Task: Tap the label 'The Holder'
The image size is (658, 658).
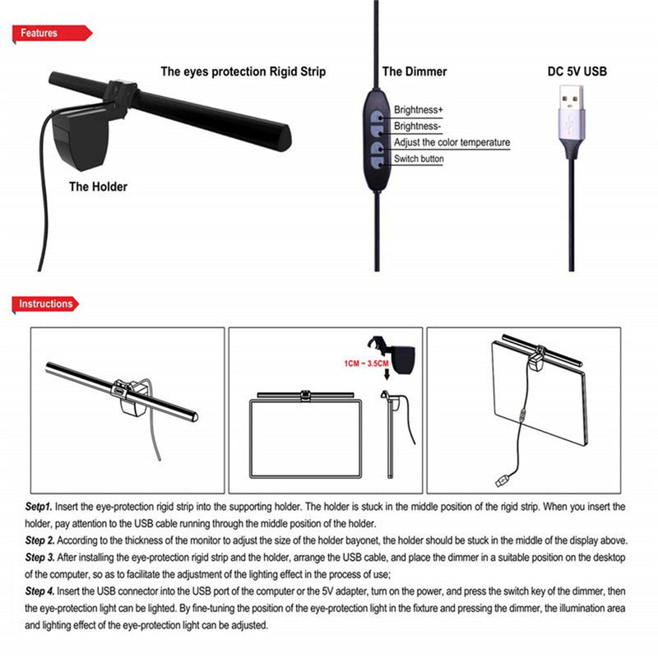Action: [98, 187]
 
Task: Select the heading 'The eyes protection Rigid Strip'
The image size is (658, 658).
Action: [243, 72]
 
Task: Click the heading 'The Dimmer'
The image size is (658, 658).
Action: [415, 72]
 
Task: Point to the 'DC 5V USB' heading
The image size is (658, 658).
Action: [577, 72]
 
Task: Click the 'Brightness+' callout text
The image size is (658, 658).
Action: [419, 109]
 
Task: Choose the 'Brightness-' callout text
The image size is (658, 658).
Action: [418, 126]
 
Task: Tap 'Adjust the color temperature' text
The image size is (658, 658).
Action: [452, 142]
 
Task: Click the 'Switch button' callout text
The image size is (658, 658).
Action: [419, 159]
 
